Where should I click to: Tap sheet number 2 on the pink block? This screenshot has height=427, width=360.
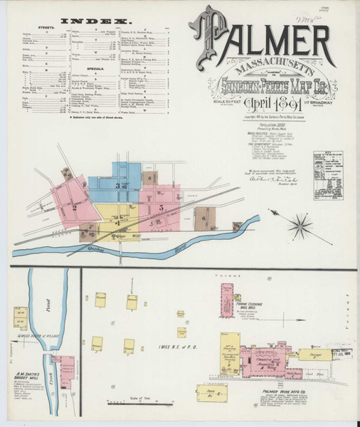[x=73, y=207]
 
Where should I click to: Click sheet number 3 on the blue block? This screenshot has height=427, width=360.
[x=118, y=184]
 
